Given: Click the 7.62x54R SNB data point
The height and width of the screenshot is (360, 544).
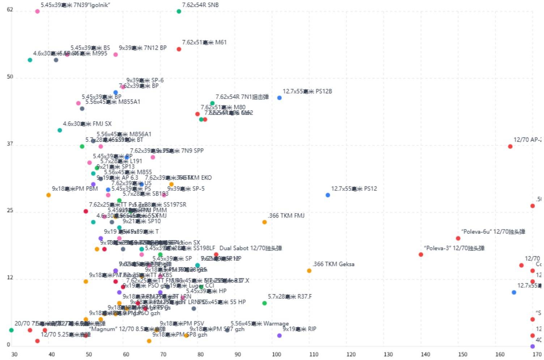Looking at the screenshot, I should pyautogui.click(x=179, y=12).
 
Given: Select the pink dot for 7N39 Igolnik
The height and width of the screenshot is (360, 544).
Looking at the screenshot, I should pyautogui.click(x=37, y=12).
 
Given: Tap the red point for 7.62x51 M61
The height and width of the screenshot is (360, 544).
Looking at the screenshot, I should pyautogui.click(x=179, y=49).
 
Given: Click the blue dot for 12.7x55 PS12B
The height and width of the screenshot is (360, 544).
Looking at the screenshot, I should pyautogui.click(x=279, y=98).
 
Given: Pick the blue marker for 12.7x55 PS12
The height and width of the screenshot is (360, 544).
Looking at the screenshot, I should pyautogui.click(x=328, y=195).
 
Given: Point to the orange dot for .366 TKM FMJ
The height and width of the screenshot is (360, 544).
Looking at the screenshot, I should pyautogui.click(x=264, y=222).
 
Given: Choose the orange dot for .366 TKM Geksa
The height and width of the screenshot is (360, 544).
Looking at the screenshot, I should pyautogui.click(x=309, y=271).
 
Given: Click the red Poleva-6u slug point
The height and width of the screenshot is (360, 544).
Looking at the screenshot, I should pyautogui.click(x=458, y=239).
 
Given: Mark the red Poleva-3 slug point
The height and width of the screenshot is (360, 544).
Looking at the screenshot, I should pyautogui.click(x=421, y=255).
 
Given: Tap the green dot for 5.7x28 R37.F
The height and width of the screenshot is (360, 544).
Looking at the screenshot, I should pyautogui.click(x=264, y=303).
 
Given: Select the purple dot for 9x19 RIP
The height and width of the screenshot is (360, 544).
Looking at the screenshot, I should pyautogui.click(x=279, y=336).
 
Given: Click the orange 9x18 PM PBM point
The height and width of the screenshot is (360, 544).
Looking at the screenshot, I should pyautogui.click(x=48, y=195).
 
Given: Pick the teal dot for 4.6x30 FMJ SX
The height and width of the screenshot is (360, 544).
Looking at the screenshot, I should pyautogui.click(x=60, y=130).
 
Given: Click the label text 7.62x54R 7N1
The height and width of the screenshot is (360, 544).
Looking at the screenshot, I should pyautogui.click(x=242, y=97).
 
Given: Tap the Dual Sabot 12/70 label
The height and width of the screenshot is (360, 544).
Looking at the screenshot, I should pyautogui.click(x=250, y=248).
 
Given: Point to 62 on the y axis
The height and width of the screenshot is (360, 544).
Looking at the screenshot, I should pyautogui.click(x=10, y=9).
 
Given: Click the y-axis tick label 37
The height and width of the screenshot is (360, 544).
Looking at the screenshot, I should pyautogui.click(x=10, y=144).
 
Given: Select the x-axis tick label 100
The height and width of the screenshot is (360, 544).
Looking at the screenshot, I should pyautogui.click(x=276, y=354).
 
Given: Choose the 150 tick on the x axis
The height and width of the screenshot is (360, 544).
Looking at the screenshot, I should pyautogui.click(x=463, y=354).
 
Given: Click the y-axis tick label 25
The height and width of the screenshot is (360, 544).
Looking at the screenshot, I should pyautogui.click(x=10, y=210).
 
